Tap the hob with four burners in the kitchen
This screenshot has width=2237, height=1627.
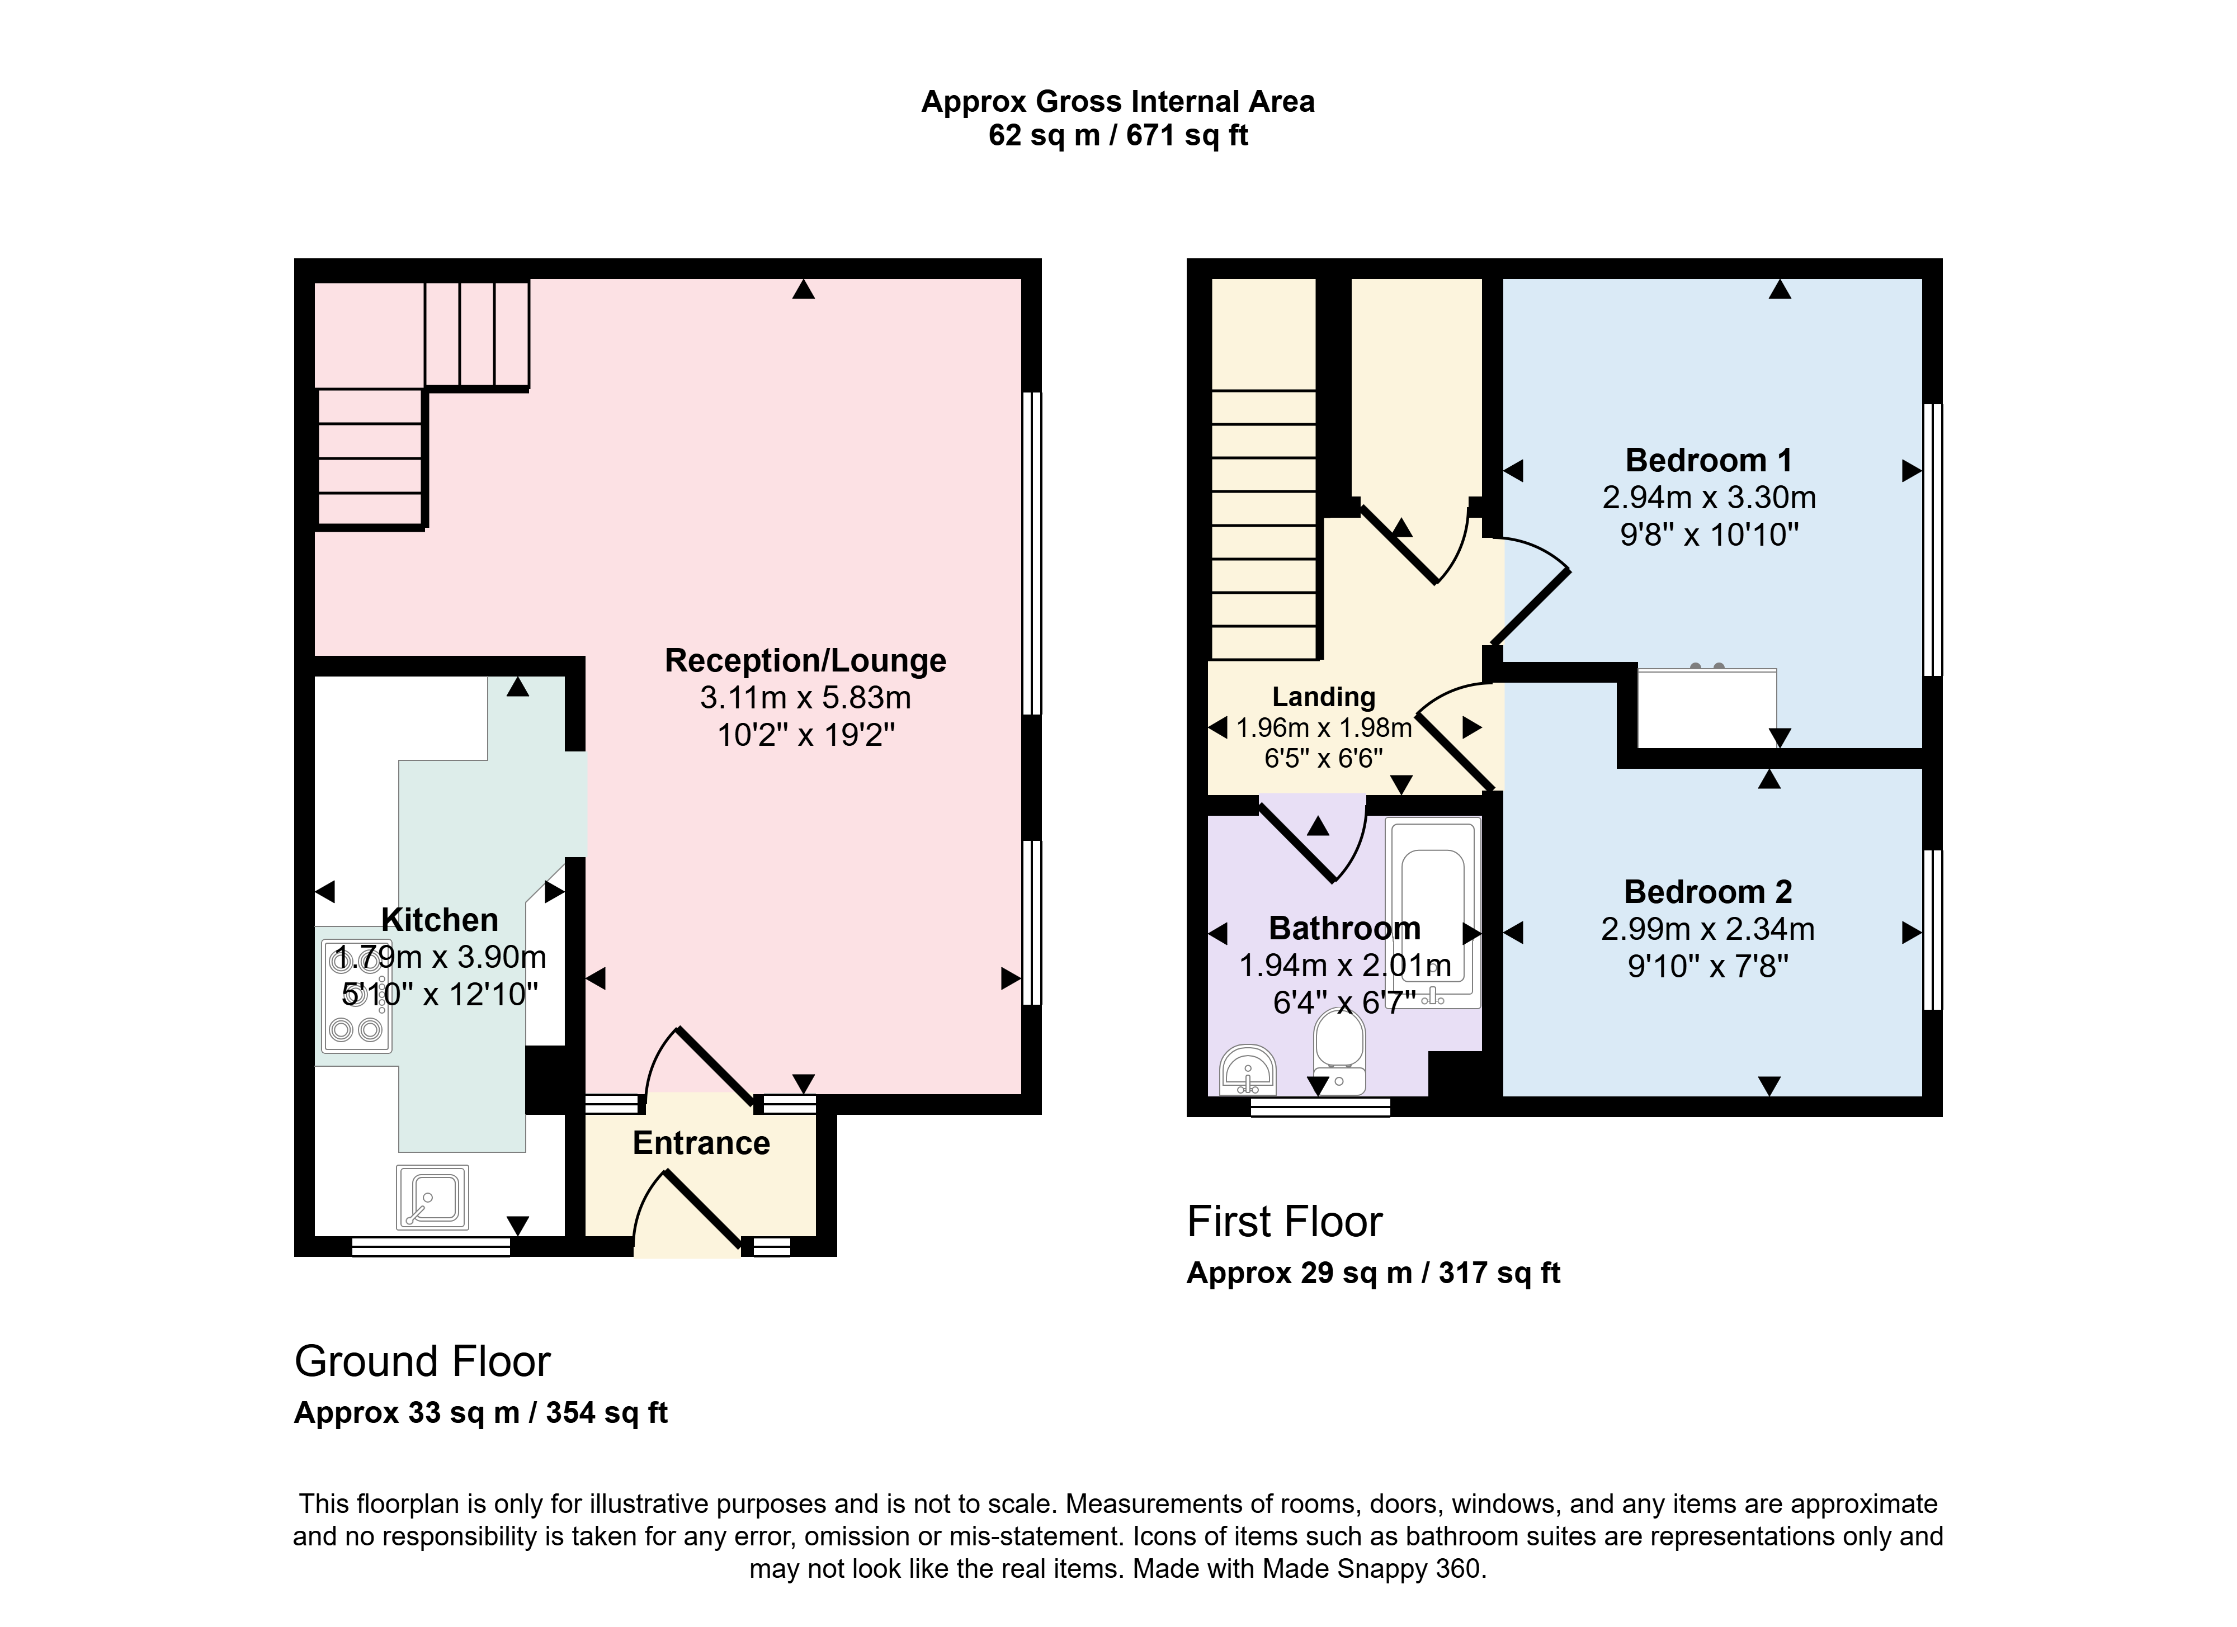click(356, 995)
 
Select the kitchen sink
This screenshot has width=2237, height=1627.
click(432, 1197)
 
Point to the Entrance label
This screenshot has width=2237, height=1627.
click(701, 1143)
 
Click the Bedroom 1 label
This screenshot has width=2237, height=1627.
click(1709, 461)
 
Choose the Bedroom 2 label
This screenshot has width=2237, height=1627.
click(1709, 891)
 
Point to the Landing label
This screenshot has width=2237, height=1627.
click(1324, 697)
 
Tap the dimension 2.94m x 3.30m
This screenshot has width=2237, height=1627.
click(1709, 497)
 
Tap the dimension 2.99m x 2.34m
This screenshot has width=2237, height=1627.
click(1709, 929)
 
